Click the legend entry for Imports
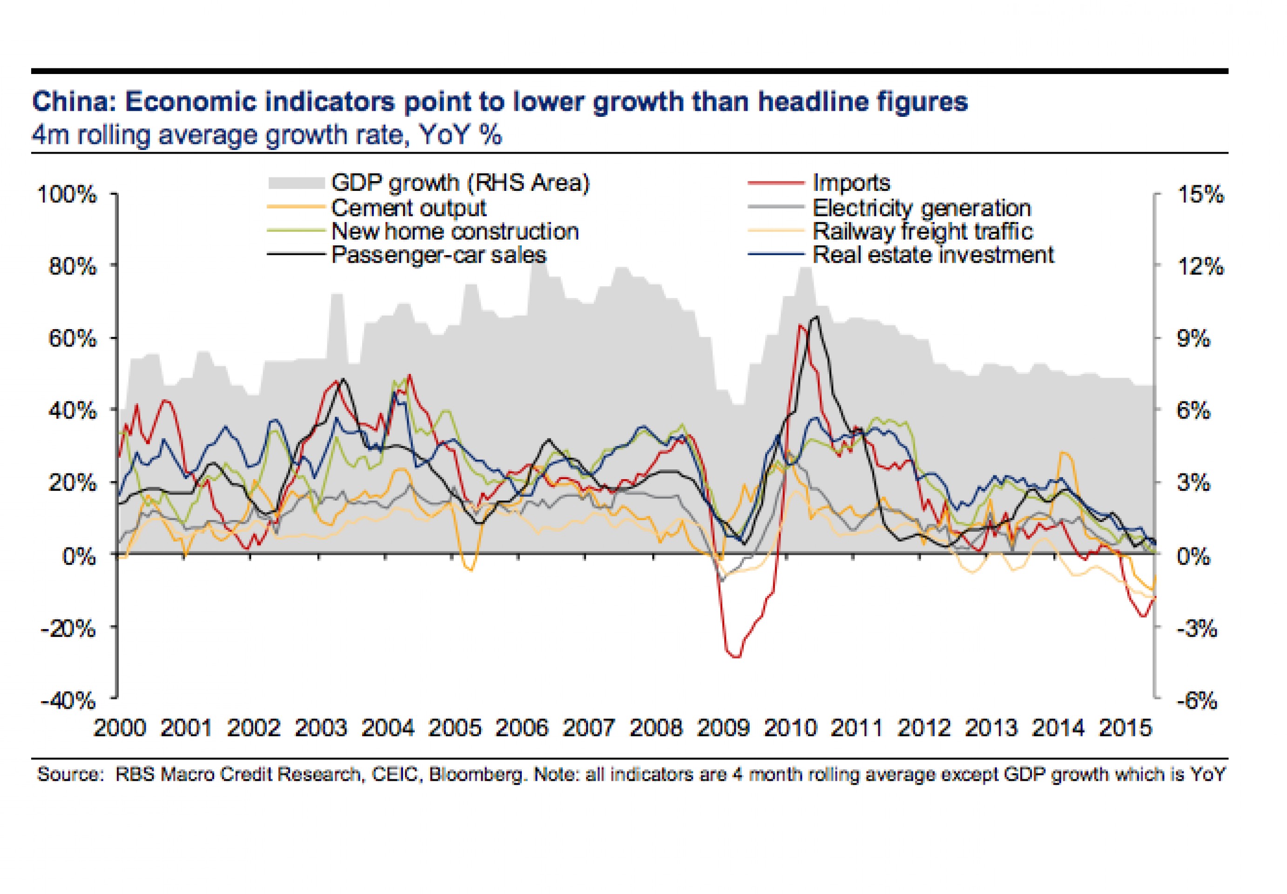click(x=850, y=183)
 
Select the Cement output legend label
click(x=408, y=208)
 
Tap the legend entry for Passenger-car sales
click(x=438, y=255)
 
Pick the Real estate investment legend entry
click(x=933, y=255)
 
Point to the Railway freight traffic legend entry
click(x=922, y=231)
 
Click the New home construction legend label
click(x=455, y=231)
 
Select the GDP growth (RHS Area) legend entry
click(x=460, y=183)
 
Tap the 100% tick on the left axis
click(x=67, y=194)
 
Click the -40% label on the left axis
click(x=68, y=700)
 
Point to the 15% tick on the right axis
click(x=1201, y=194)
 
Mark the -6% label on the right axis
click(x=1197, y=700)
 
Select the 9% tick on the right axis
click(x=1193, y=339)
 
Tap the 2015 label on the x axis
click(x=1125, y=728)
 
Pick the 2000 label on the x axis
click(x=119, y=728)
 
